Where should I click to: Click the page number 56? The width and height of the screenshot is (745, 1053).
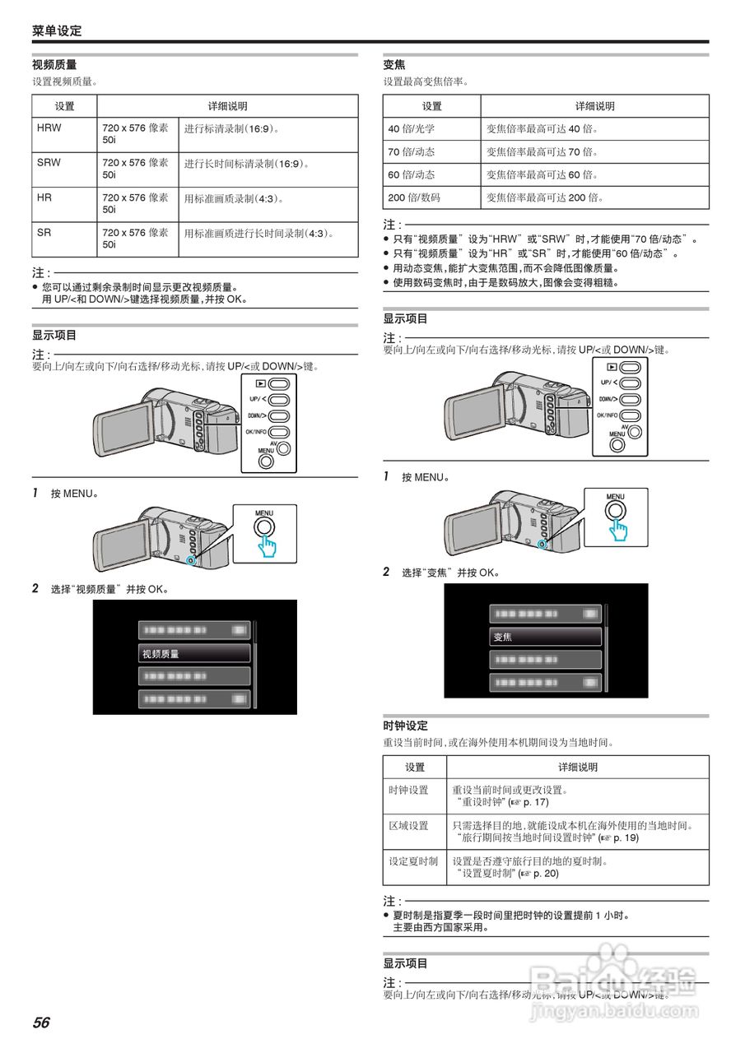(x=41, y=1023)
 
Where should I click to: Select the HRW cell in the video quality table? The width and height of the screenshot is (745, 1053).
(x=49, y=128)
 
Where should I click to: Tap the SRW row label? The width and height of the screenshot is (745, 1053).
(x=49, y=163)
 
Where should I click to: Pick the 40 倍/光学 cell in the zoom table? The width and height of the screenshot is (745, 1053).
(x=412, y=129)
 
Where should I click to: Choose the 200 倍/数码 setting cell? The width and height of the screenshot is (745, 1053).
(x=414, y=197)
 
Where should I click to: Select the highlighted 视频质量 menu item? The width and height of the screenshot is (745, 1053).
(x=194, y=653)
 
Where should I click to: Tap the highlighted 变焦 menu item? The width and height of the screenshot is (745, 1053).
(x=546, y=637)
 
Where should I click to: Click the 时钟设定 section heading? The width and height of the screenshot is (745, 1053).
(x=405, y=726)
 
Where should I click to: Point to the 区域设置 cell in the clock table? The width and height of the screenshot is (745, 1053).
(x=408, y=826)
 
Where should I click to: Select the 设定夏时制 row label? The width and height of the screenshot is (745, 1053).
(x=413, y=861)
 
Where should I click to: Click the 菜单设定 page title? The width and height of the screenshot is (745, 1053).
(x=57, y=31)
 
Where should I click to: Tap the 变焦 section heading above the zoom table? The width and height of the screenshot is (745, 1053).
(x=394, y=64)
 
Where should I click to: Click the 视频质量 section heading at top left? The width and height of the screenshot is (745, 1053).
(x=54, y=64)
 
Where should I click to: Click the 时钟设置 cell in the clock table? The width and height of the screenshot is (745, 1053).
(x=408, y=790)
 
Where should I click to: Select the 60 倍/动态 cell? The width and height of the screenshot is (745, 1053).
(x=412, y=174)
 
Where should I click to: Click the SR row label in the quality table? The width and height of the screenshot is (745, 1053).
(x=44, y=233)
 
